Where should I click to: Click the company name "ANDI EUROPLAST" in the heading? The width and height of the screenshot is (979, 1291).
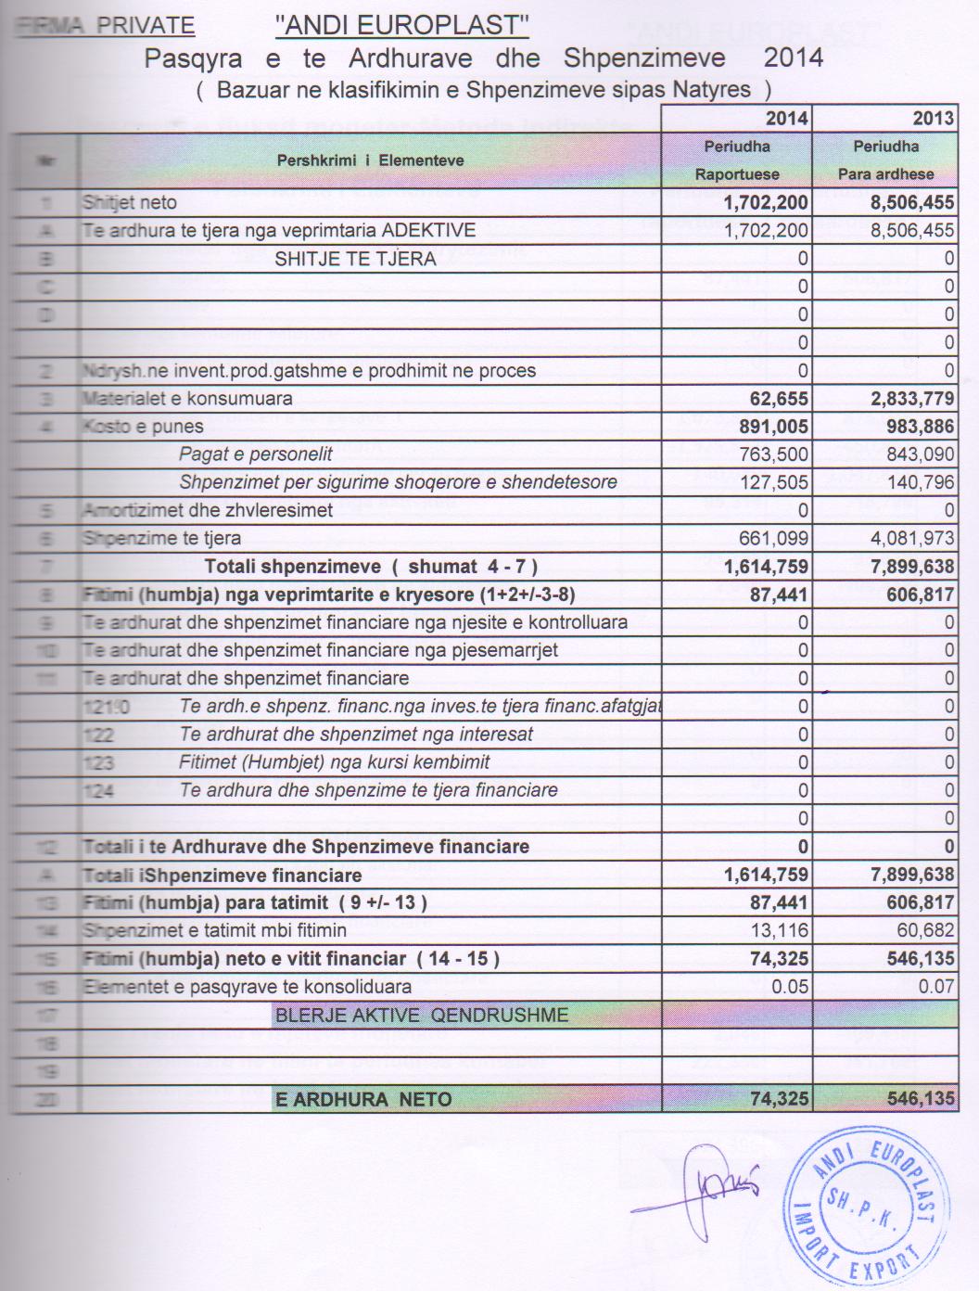(x=401, y=26)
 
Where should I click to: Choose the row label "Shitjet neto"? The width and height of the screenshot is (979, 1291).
(x=129, y=202)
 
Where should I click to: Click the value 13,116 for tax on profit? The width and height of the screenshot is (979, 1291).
(x=782, y=930)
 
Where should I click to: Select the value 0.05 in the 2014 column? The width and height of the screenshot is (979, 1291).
(x=790, y=987)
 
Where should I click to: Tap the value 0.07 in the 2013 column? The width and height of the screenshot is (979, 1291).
(x=935, y=987)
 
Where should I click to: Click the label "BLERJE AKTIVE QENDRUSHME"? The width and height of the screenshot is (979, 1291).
(x=421, y=1015)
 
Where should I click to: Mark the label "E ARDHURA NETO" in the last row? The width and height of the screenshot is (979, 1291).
(x=363, y=1100)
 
